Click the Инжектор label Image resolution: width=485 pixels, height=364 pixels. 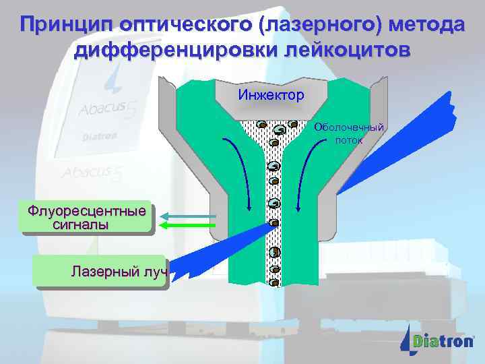click(x=271, y=95)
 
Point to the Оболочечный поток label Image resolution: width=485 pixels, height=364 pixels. click(x=350, y=133)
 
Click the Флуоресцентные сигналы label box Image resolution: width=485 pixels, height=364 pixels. click(x=87, y=218)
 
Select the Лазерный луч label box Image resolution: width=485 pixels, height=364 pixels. click(x=101, y=272)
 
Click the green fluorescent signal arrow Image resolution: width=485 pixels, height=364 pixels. click(x=191, y=225)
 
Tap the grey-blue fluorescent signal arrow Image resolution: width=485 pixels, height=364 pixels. click(x=191, y=216)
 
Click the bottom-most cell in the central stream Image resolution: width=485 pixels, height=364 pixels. click(x=274, y=282)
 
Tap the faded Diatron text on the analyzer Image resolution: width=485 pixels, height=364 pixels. click(x=100, y=136)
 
